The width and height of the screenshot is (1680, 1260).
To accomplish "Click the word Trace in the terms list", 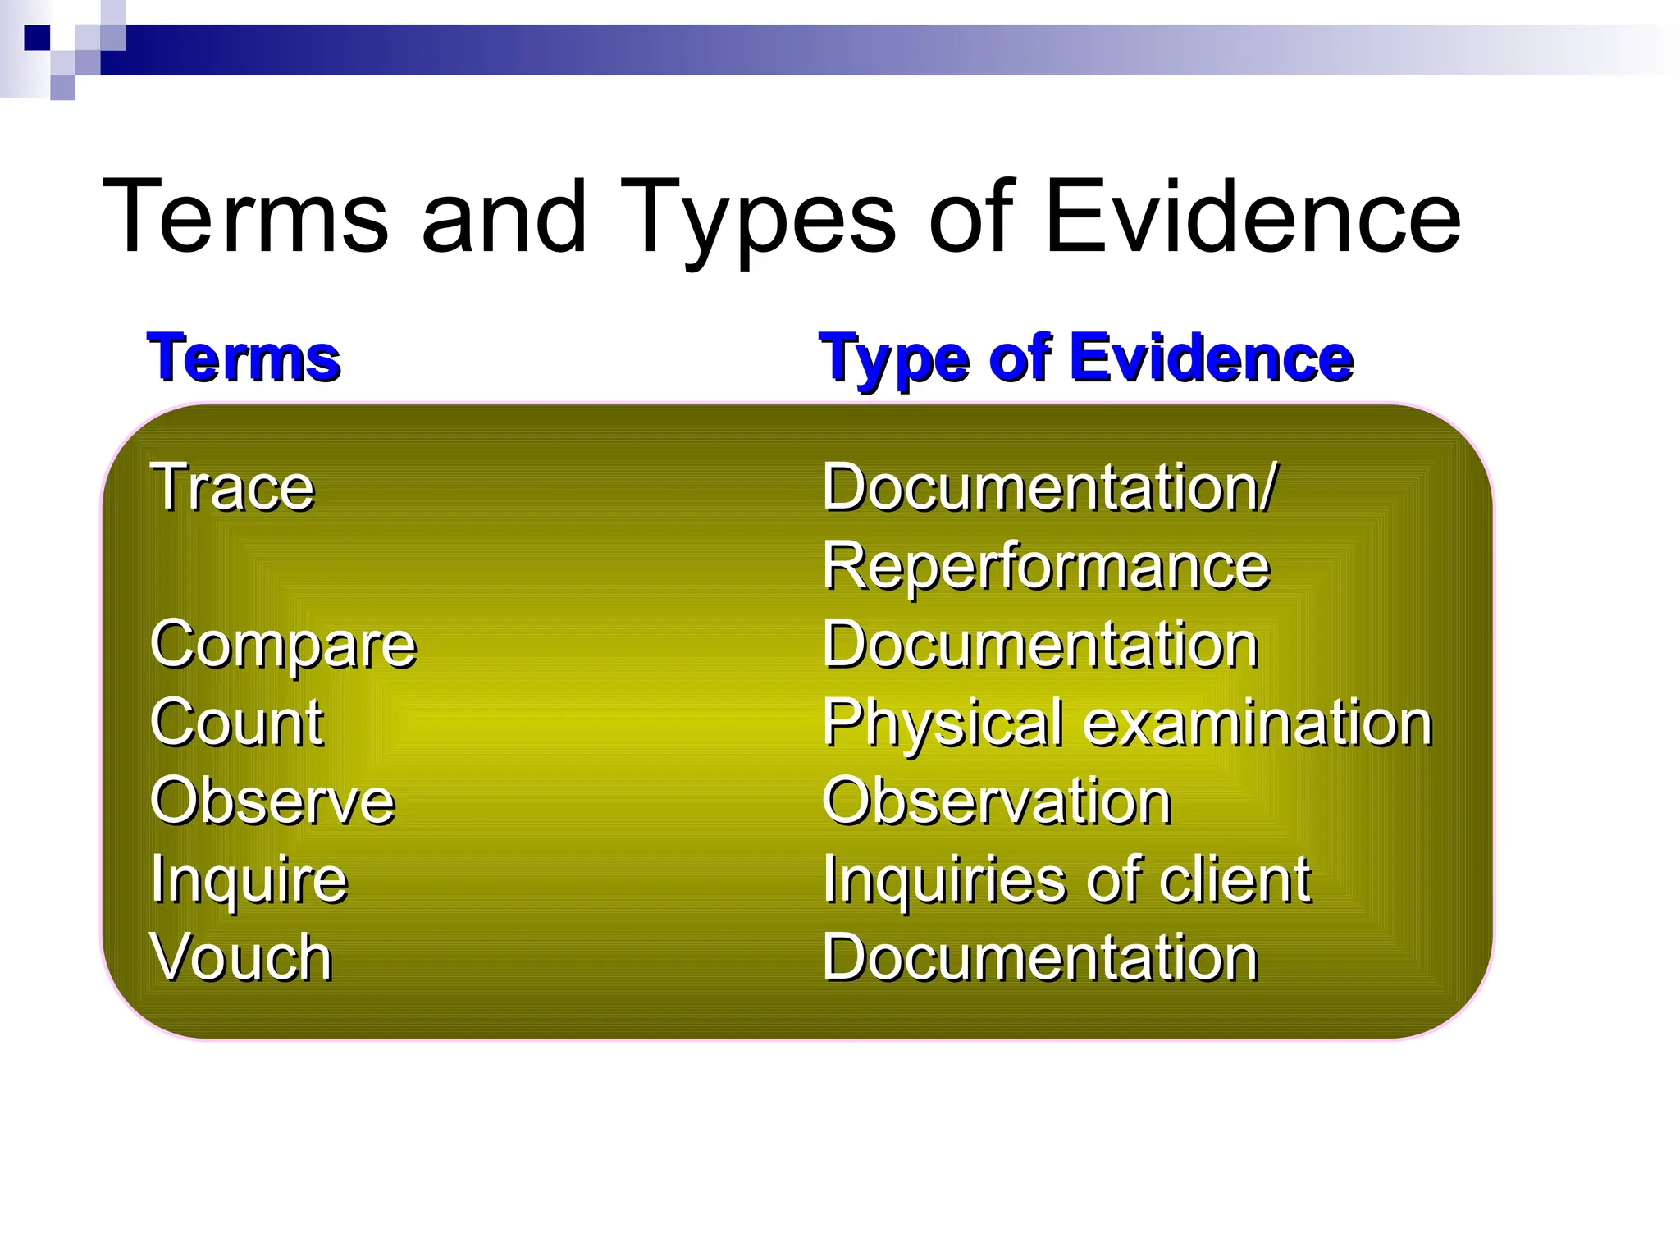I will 232,487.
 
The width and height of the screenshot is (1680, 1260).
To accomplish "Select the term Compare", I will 283,645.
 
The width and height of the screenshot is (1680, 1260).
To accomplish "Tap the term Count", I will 236,723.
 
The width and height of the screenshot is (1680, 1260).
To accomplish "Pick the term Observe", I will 272,801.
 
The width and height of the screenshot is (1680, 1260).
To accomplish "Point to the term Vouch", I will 240,957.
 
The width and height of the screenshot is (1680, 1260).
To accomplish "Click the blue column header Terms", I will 244,358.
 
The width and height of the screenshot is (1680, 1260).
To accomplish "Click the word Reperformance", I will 1046,567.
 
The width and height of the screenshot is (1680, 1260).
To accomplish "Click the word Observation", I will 997,801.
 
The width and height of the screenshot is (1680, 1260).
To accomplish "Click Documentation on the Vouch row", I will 1040,957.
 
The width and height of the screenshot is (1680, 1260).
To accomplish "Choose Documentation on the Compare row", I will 1040,645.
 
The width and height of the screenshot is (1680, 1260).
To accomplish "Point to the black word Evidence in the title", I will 1253,217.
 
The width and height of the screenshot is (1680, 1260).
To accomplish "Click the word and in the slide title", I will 504,217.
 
